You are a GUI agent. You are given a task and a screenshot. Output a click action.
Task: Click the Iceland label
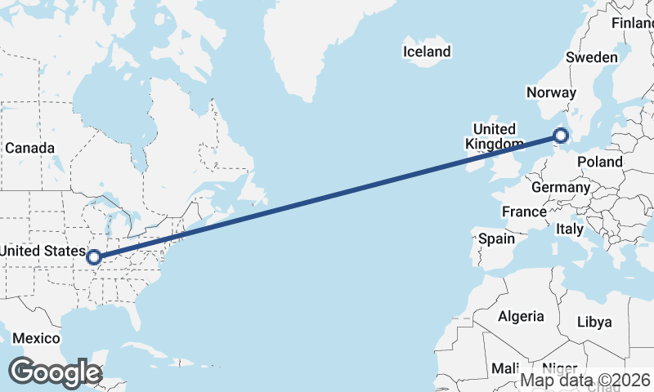(x=427, y=51)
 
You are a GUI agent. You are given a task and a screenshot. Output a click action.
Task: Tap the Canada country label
(x=29, y=148)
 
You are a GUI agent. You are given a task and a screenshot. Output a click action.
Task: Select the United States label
(x=43, y=251)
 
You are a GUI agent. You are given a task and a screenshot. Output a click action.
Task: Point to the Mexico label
(x=36, y=338)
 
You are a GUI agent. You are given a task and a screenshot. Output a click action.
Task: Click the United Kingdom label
(x=494, y=136)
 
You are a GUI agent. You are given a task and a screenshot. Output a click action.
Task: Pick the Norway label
(x=551, y=92)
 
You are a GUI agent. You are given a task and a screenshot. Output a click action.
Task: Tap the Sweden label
(x=592, y=57)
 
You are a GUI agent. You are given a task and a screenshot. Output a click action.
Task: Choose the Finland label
(x=633, y=23)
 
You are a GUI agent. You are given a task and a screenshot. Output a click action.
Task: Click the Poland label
(x=599, y=162)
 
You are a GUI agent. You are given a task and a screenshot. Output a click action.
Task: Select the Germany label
(x=561, y=187)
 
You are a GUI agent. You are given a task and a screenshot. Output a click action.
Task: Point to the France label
(x=524, y=212)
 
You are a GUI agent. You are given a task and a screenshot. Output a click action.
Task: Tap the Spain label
(x=496, y=238)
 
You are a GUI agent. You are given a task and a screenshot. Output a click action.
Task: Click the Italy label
(x=570, y=229)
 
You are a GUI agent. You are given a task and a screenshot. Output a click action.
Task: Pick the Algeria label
(x=521, y=316)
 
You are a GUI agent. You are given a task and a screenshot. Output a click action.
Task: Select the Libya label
(x=594, y=322)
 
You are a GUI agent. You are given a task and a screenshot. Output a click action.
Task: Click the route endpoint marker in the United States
(x=94, y=257)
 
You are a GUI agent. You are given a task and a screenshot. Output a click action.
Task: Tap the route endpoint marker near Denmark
(x=561, y=136)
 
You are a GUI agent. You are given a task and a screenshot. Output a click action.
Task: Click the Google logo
(x=55, y=372)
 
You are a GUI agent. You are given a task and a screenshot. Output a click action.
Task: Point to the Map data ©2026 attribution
(x=585, y=380)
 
